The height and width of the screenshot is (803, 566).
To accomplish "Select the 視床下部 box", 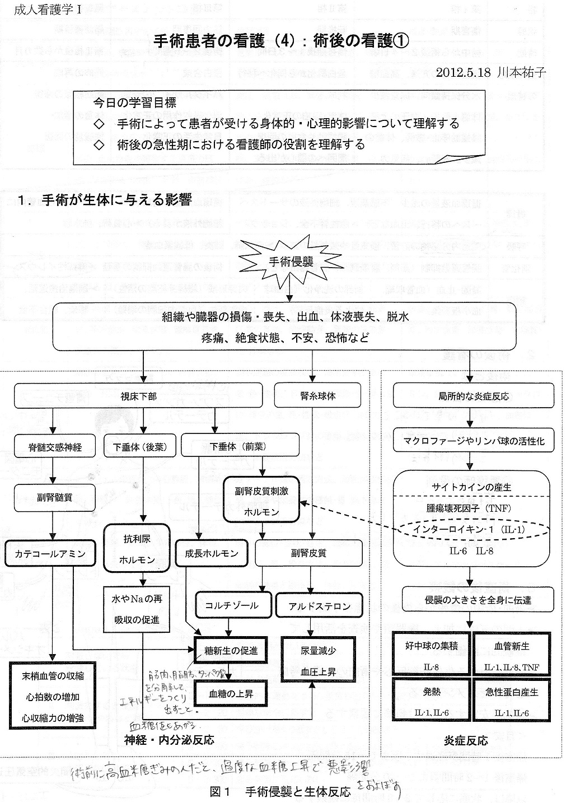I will (x=138, y=396).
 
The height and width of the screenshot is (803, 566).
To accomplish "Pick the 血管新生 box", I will (x=511, y=654).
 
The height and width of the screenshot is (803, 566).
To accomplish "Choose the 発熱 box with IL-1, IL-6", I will (x=431, y=700).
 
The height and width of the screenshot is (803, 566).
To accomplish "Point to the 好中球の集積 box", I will (x=431, y=654).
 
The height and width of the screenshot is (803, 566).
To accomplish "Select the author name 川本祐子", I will (x=521, y=72).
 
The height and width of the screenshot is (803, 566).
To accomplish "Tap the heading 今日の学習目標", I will (x=134, y=103).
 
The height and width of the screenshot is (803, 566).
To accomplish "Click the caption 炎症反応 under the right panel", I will (x=469, y=740).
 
